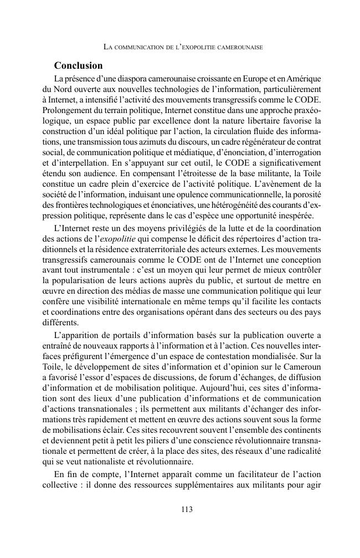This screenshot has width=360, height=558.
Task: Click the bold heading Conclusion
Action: pyautogui.click(x=78, y=65)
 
